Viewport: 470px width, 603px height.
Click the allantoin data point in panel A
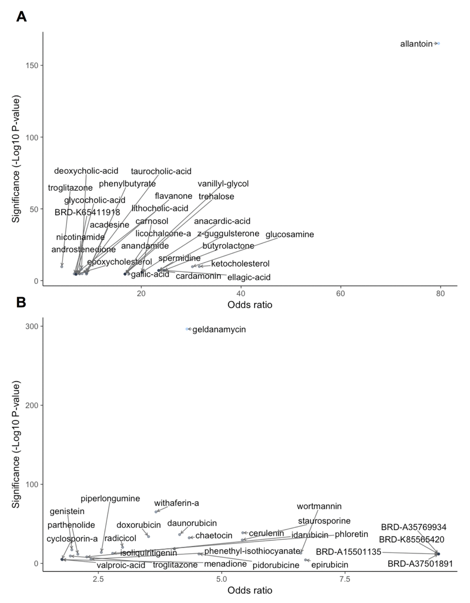(438, 44)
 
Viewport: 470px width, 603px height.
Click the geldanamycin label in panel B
(219, 329)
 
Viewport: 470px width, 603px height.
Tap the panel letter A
(21, 17)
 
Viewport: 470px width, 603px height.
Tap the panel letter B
(21, 302)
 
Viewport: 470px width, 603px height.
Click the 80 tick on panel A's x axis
(441, 293)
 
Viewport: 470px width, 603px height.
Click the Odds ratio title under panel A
(250, 305)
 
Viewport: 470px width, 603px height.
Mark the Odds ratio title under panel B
(250, 590)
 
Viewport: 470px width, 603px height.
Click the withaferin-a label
(176, 503)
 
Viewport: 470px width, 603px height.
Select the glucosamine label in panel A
(289, 234)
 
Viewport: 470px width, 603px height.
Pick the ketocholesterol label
(240, 264)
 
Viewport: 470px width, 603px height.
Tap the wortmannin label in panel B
(319, 506)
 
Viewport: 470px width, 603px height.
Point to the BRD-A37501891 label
(420, 563)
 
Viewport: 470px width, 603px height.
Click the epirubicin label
(330, 564)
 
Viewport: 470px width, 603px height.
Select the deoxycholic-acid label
(86, 171)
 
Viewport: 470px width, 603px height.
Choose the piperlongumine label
(110, 498)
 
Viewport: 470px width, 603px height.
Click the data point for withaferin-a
(156, 512)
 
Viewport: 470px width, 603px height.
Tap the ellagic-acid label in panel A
(249, 277)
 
